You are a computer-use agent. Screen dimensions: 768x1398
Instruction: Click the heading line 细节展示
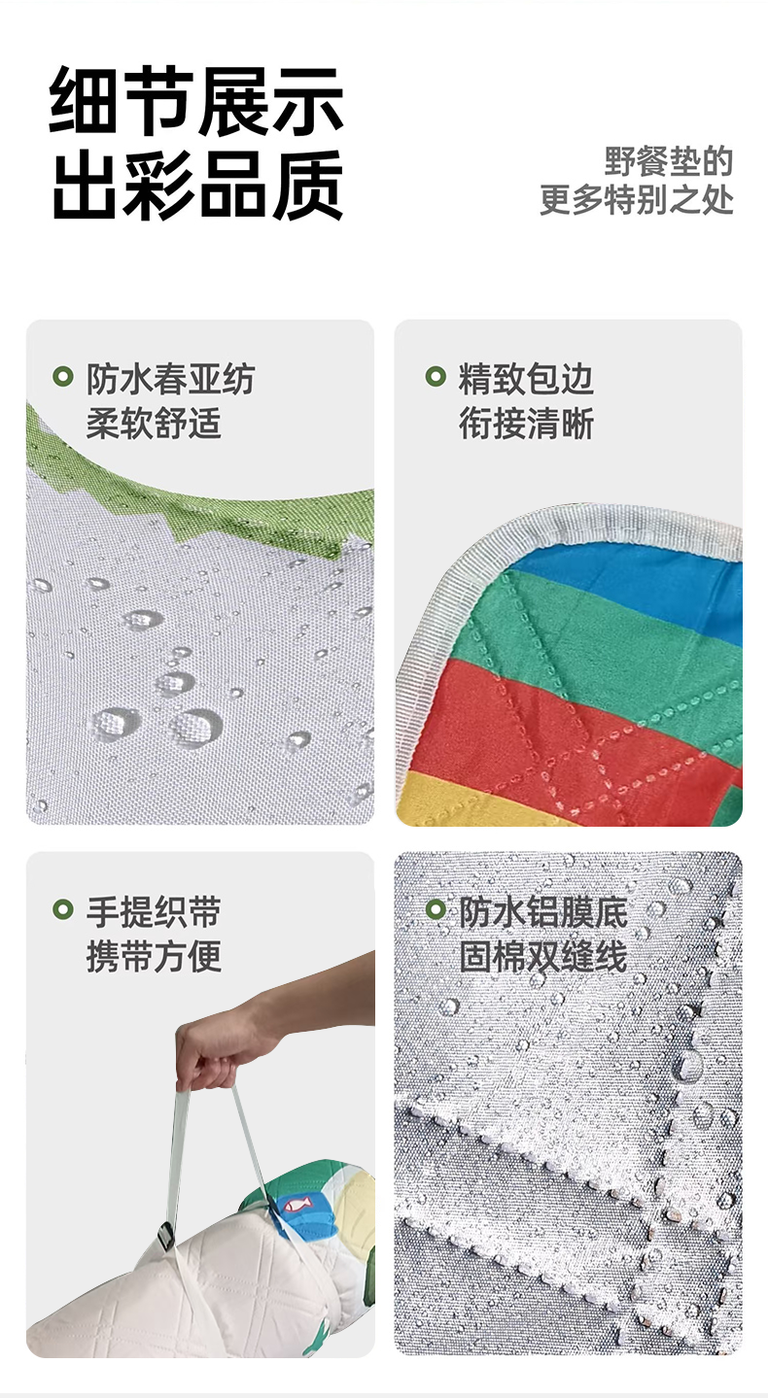coord(196,100)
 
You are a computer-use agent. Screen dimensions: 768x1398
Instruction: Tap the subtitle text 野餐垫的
coord(668,161)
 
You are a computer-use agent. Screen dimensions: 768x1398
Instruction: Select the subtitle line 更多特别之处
coord(636,200)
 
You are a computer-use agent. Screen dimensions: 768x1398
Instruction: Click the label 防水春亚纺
coord(170,379)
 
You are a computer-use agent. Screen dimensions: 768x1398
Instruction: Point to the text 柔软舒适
coord(154,424)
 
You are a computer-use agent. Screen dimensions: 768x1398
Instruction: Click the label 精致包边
coord(526,379)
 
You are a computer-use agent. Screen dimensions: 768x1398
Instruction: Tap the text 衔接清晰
coord(526,424)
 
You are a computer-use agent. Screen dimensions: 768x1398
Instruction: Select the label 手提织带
coord(154,912)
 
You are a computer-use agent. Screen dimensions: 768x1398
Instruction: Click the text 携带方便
coord(154,957)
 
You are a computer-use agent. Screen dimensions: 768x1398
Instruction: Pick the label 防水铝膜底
coord(543,912)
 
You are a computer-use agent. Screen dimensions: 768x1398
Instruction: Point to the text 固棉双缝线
coord(543,957)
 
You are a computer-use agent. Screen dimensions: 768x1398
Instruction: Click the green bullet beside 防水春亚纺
coord(63,376)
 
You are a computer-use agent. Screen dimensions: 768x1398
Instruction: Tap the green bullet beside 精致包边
coord(436,376)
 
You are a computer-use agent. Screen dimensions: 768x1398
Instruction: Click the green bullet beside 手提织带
coord(63,909)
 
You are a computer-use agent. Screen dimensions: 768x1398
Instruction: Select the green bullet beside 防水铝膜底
coord(436,909)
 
